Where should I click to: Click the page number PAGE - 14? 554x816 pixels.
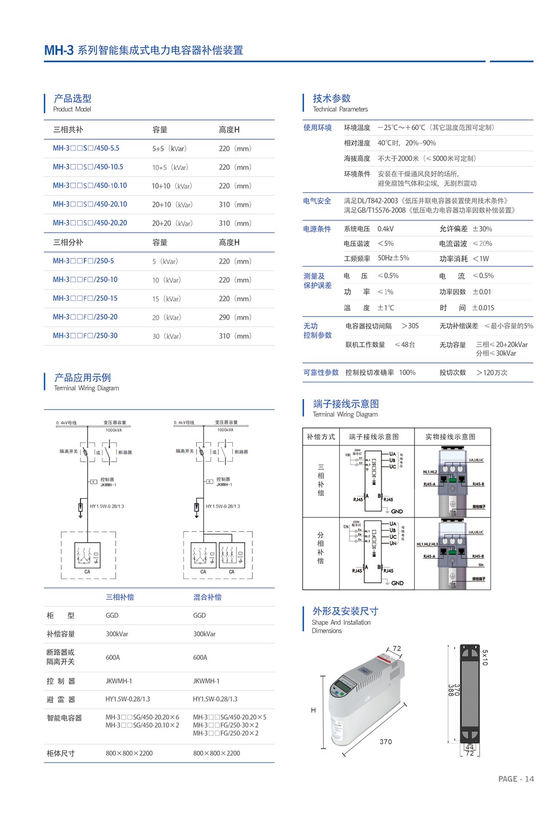pos(516,779)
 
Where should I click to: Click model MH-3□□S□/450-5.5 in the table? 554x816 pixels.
pos(86,148)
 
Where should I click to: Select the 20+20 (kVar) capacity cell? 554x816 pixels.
pos(172,223)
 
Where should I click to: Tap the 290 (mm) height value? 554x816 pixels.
pos(235,317)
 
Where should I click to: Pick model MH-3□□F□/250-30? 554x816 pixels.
pos(85,336)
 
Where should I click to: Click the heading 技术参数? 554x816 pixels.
pos(331,99)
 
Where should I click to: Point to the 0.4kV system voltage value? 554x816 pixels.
pos(386,229)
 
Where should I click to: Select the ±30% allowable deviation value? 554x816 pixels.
pos(482,229)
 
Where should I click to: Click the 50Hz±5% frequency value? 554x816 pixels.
pos(393,258)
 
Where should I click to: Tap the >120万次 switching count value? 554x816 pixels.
pos(492,373)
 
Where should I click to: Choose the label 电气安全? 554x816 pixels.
pos(317,201)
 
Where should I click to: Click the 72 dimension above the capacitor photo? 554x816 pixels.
pos(397,649)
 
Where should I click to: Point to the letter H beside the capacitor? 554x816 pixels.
pos(313,710)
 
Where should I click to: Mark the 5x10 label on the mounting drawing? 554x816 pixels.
pos(485,657)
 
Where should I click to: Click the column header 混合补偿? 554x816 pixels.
pos(207,597)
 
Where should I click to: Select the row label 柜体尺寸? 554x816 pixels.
pos(61,753)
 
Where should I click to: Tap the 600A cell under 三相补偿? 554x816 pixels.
pos(113,657)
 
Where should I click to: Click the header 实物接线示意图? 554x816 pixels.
pos(450,437)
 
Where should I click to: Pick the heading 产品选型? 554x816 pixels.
pos(73,99)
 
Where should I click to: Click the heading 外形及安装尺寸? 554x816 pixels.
pos(345,611)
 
